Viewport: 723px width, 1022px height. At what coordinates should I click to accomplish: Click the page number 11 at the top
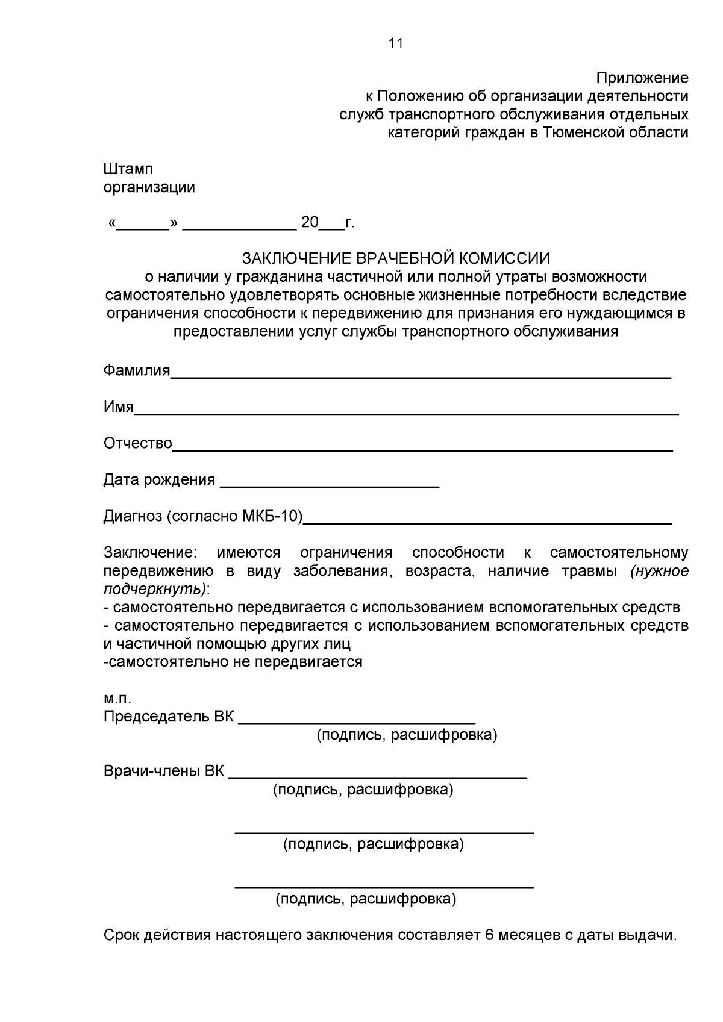(x=395, y=43)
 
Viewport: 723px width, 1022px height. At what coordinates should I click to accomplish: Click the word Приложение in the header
(x=642, y=78)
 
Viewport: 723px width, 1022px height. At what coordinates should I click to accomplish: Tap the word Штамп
(x=128, y=169)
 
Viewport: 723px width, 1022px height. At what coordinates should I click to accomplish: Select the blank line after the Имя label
(x=406, y=413)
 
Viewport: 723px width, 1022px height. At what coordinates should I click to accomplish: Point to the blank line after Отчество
(x=422, y=449)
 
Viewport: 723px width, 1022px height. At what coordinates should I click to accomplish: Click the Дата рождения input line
(x=330, y=485)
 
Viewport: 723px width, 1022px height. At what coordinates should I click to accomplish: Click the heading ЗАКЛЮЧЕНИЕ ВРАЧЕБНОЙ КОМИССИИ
(x=396, y=259)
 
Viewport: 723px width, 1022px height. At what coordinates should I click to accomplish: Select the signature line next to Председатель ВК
(x=357, y=722)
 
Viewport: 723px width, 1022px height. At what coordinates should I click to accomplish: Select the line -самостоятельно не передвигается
(x=233, y=662)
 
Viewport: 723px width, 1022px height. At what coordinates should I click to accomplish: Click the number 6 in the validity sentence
(x=489, y=935)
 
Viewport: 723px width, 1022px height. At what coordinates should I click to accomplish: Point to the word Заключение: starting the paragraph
(x=150, y=553)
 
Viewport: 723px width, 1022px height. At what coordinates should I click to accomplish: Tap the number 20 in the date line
(x=310, y=223)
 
